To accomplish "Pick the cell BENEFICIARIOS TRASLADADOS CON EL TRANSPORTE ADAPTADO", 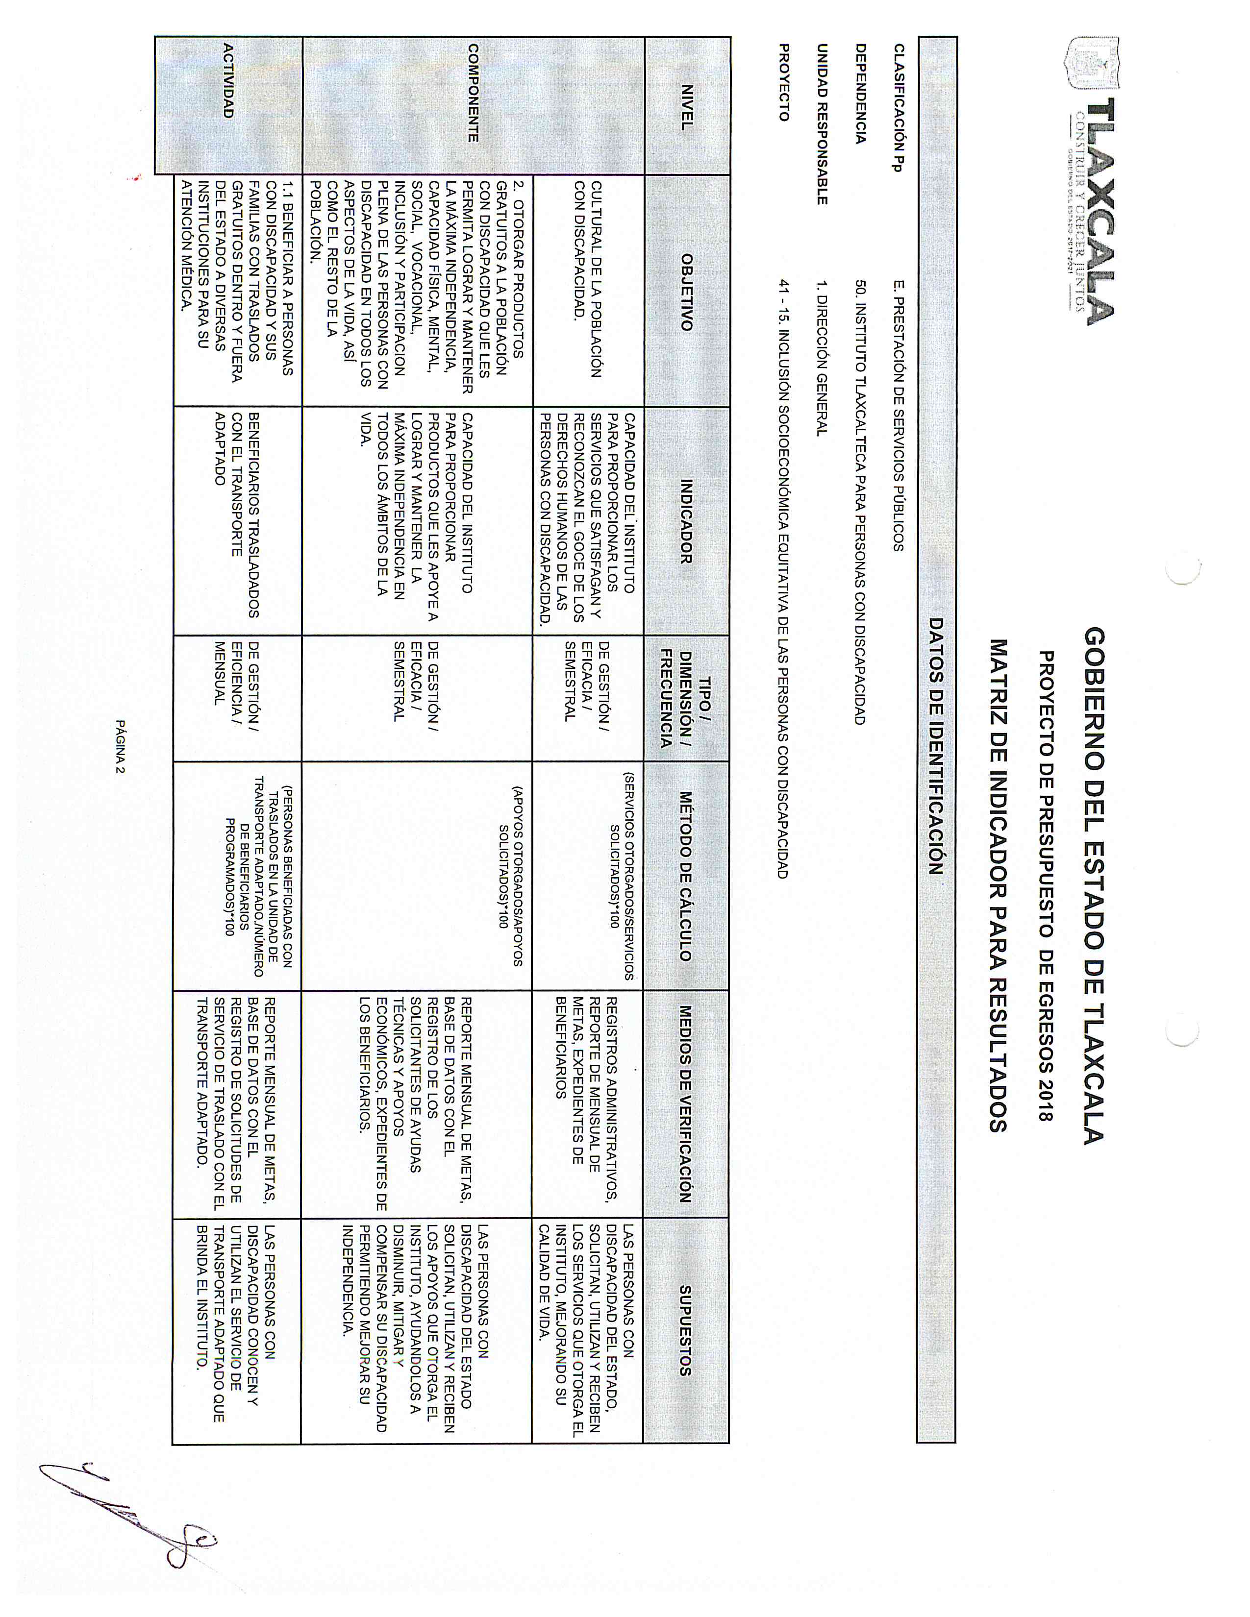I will pos(237,514).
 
